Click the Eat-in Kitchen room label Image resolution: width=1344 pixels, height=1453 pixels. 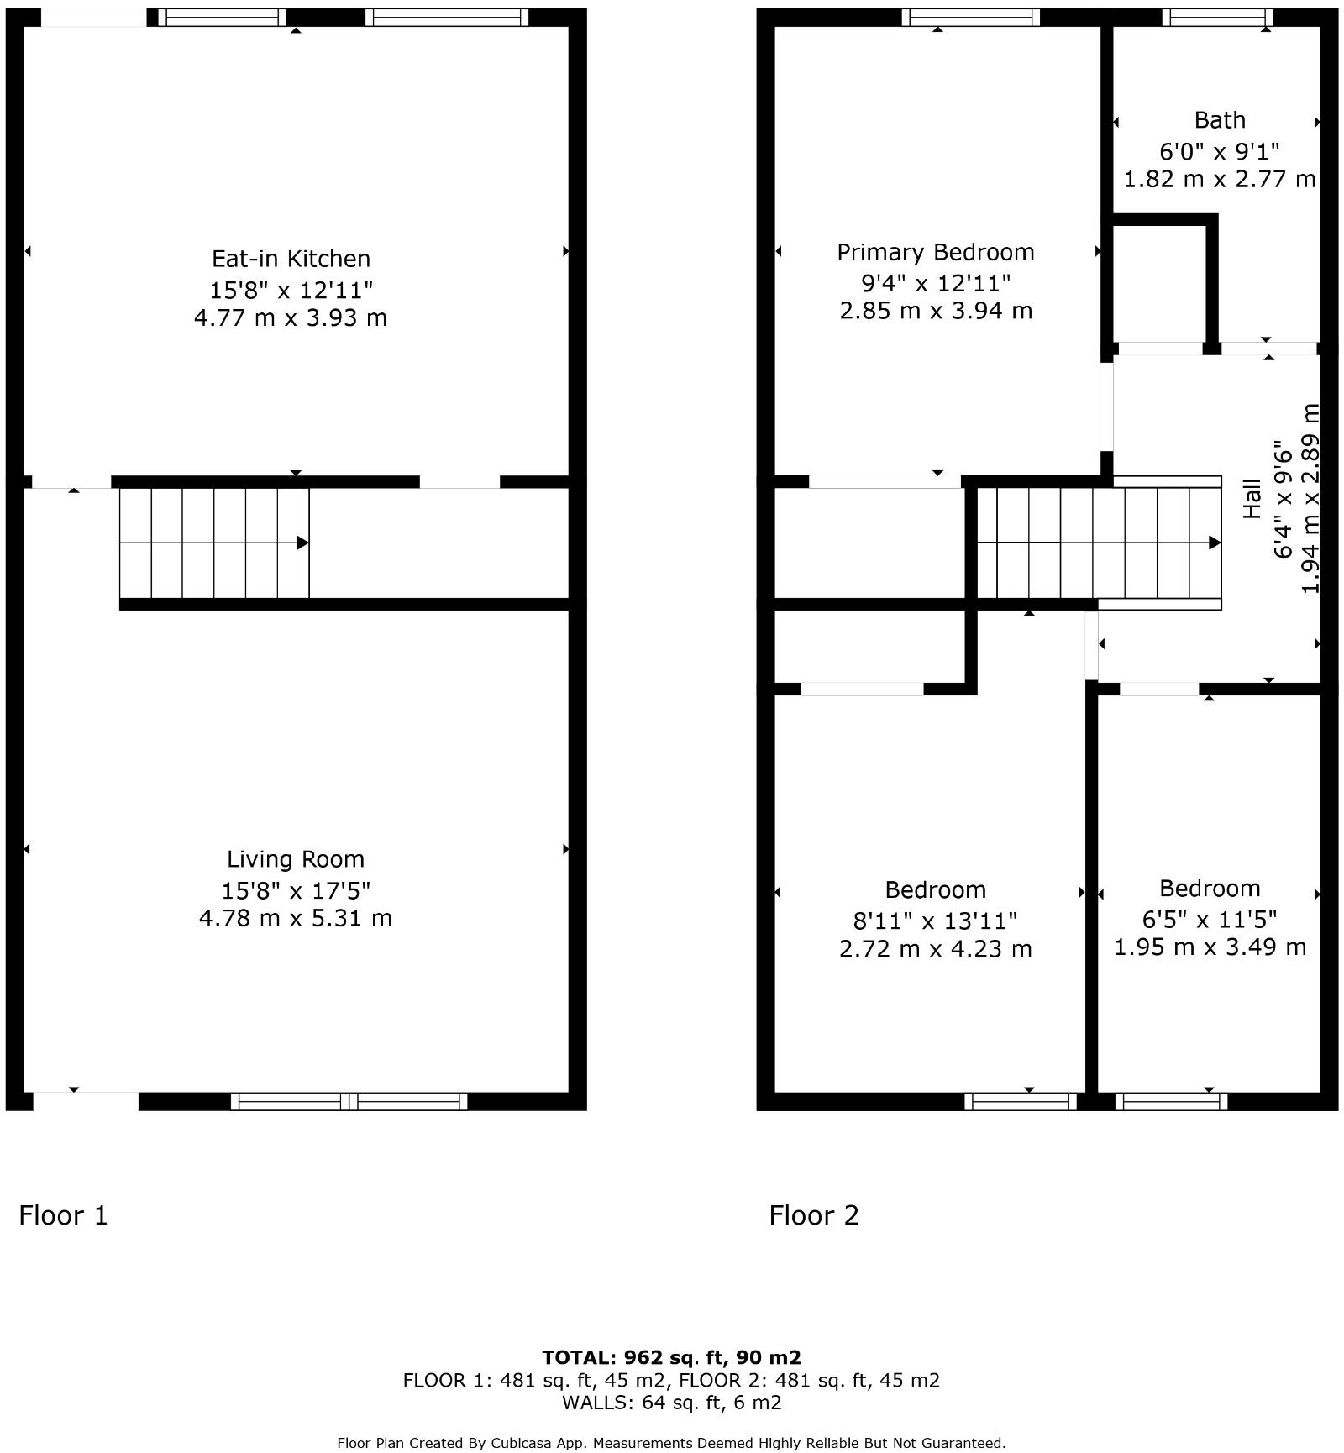pyautogui.click(x=291, y=259)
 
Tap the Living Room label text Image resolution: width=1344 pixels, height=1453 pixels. pyautogui.click(x=296, y=859)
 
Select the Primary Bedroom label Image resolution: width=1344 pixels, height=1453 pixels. pyautogui.click(x=935, y=252)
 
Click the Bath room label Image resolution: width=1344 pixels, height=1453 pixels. pyautogui.click(x=1219, y=120)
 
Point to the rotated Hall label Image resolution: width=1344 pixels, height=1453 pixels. pyautogui.click(x=1252, y=498)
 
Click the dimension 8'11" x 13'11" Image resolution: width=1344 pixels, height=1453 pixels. pyautogui.click(x=935, y=921)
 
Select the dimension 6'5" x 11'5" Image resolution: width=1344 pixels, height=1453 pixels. pyautogui.click(x=1210, y=920)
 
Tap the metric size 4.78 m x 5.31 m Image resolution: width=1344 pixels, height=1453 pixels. pyautogui.click(x=296, y=918)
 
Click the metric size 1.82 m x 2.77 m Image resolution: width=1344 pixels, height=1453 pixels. pyautogui.click(x=1219, y=179)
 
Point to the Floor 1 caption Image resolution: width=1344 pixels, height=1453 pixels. pyautogui.click(x=64, y=1215)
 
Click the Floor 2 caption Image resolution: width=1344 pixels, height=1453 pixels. pyautogui.click(x=814, y=1215)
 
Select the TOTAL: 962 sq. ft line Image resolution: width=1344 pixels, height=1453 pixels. pyautogui.click(x=671, y=1357)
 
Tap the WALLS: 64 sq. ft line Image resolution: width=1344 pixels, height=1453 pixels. pyautogui.click(x=671, y=1402)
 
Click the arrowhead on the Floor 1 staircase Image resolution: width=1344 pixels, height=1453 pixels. pyautogui.click(x=302, y=543)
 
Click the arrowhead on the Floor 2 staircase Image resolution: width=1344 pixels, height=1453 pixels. pyautogui.click(x=1214, y=543)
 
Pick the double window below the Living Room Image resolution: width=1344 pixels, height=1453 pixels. pyautogui.click(x=349, y=1101)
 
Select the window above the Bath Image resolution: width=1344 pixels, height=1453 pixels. pyautogui.click(x=1217, y=18)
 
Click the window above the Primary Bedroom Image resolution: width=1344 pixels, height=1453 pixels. pyautogui.click(x=970, y=18)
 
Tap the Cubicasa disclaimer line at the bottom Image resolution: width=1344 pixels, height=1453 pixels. pyautogui.click(x=671, y=1443)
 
